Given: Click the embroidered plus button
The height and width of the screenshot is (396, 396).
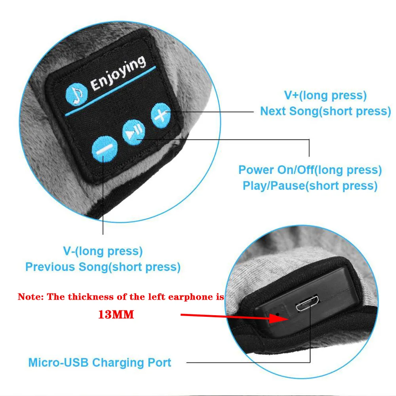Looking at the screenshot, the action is [x=161, y=115].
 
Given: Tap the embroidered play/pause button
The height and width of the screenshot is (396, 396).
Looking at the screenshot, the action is [x=133, y=132].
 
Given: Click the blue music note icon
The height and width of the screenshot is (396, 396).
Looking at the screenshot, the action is [x=76, y=94].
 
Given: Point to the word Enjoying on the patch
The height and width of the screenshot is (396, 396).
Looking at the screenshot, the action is [x=118, y=73].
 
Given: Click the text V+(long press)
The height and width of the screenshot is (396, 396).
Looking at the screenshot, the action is [x=325, y=95].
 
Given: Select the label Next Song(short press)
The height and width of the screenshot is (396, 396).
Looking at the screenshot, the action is [x=326, y=111].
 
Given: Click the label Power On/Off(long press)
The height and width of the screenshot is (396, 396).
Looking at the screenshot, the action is [x=310, y=170].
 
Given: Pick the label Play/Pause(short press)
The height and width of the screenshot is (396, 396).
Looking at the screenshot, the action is [x=310, y=186].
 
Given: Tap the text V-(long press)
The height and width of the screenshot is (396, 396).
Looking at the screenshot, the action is [x=103, y=251].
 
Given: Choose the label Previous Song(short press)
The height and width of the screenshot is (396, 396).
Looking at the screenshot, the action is [x=103, y=267].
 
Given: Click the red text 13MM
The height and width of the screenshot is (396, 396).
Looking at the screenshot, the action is [x=116, y=315].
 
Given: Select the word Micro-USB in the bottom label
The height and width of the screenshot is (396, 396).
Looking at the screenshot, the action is [x=58, y=362].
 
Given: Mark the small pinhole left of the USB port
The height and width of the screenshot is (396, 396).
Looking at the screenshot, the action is [x=278, y=314].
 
